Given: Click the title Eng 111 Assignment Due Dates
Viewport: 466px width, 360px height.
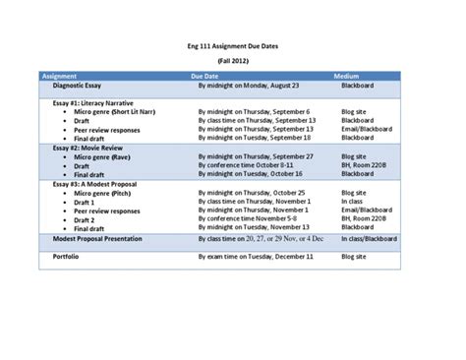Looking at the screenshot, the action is point(232,44).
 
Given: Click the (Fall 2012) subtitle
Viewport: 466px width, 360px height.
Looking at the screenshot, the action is point(232,60).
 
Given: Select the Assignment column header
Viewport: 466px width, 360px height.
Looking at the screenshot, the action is point(61,75).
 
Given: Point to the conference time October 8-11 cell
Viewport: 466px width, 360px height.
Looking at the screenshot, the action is point(246,165).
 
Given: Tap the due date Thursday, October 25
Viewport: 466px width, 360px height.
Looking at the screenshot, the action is point(251,192).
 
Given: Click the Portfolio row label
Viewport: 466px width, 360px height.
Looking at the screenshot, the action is point(66,256).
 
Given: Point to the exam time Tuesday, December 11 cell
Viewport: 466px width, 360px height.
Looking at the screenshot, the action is point(254,256).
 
